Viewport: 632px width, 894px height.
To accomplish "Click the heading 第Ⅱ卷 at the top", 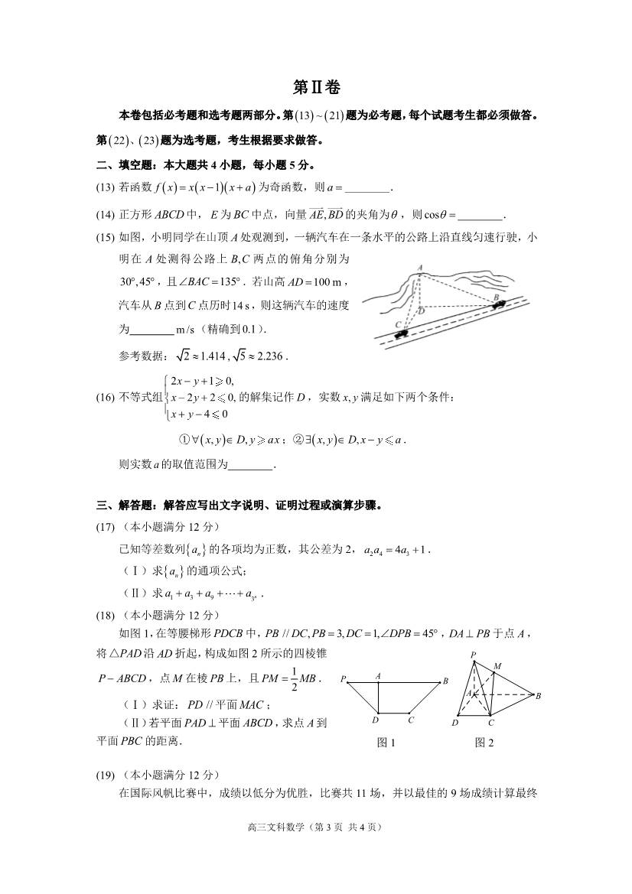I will coord(316,86).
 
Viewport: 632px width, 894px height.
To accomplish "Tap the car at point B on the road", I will coord(499,304).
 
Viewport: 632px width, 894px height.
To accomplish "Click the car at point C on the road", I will coord(402,331).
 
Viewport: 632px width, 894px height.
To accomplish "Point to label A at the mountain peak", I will coord(420,267).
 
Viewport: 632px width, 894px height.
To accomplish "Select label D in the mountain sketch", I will coord(420,311).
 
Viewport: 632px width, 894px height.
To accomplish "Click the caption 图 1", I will coord(386,742).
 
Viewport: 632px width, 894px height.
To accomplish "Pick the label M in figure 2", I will coord(497,667).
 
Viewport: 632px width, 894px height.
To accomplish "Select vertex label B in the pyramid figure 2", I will coord(539,695).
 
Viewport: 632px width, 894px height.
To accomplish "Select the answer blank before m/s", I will coord(152,330).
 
